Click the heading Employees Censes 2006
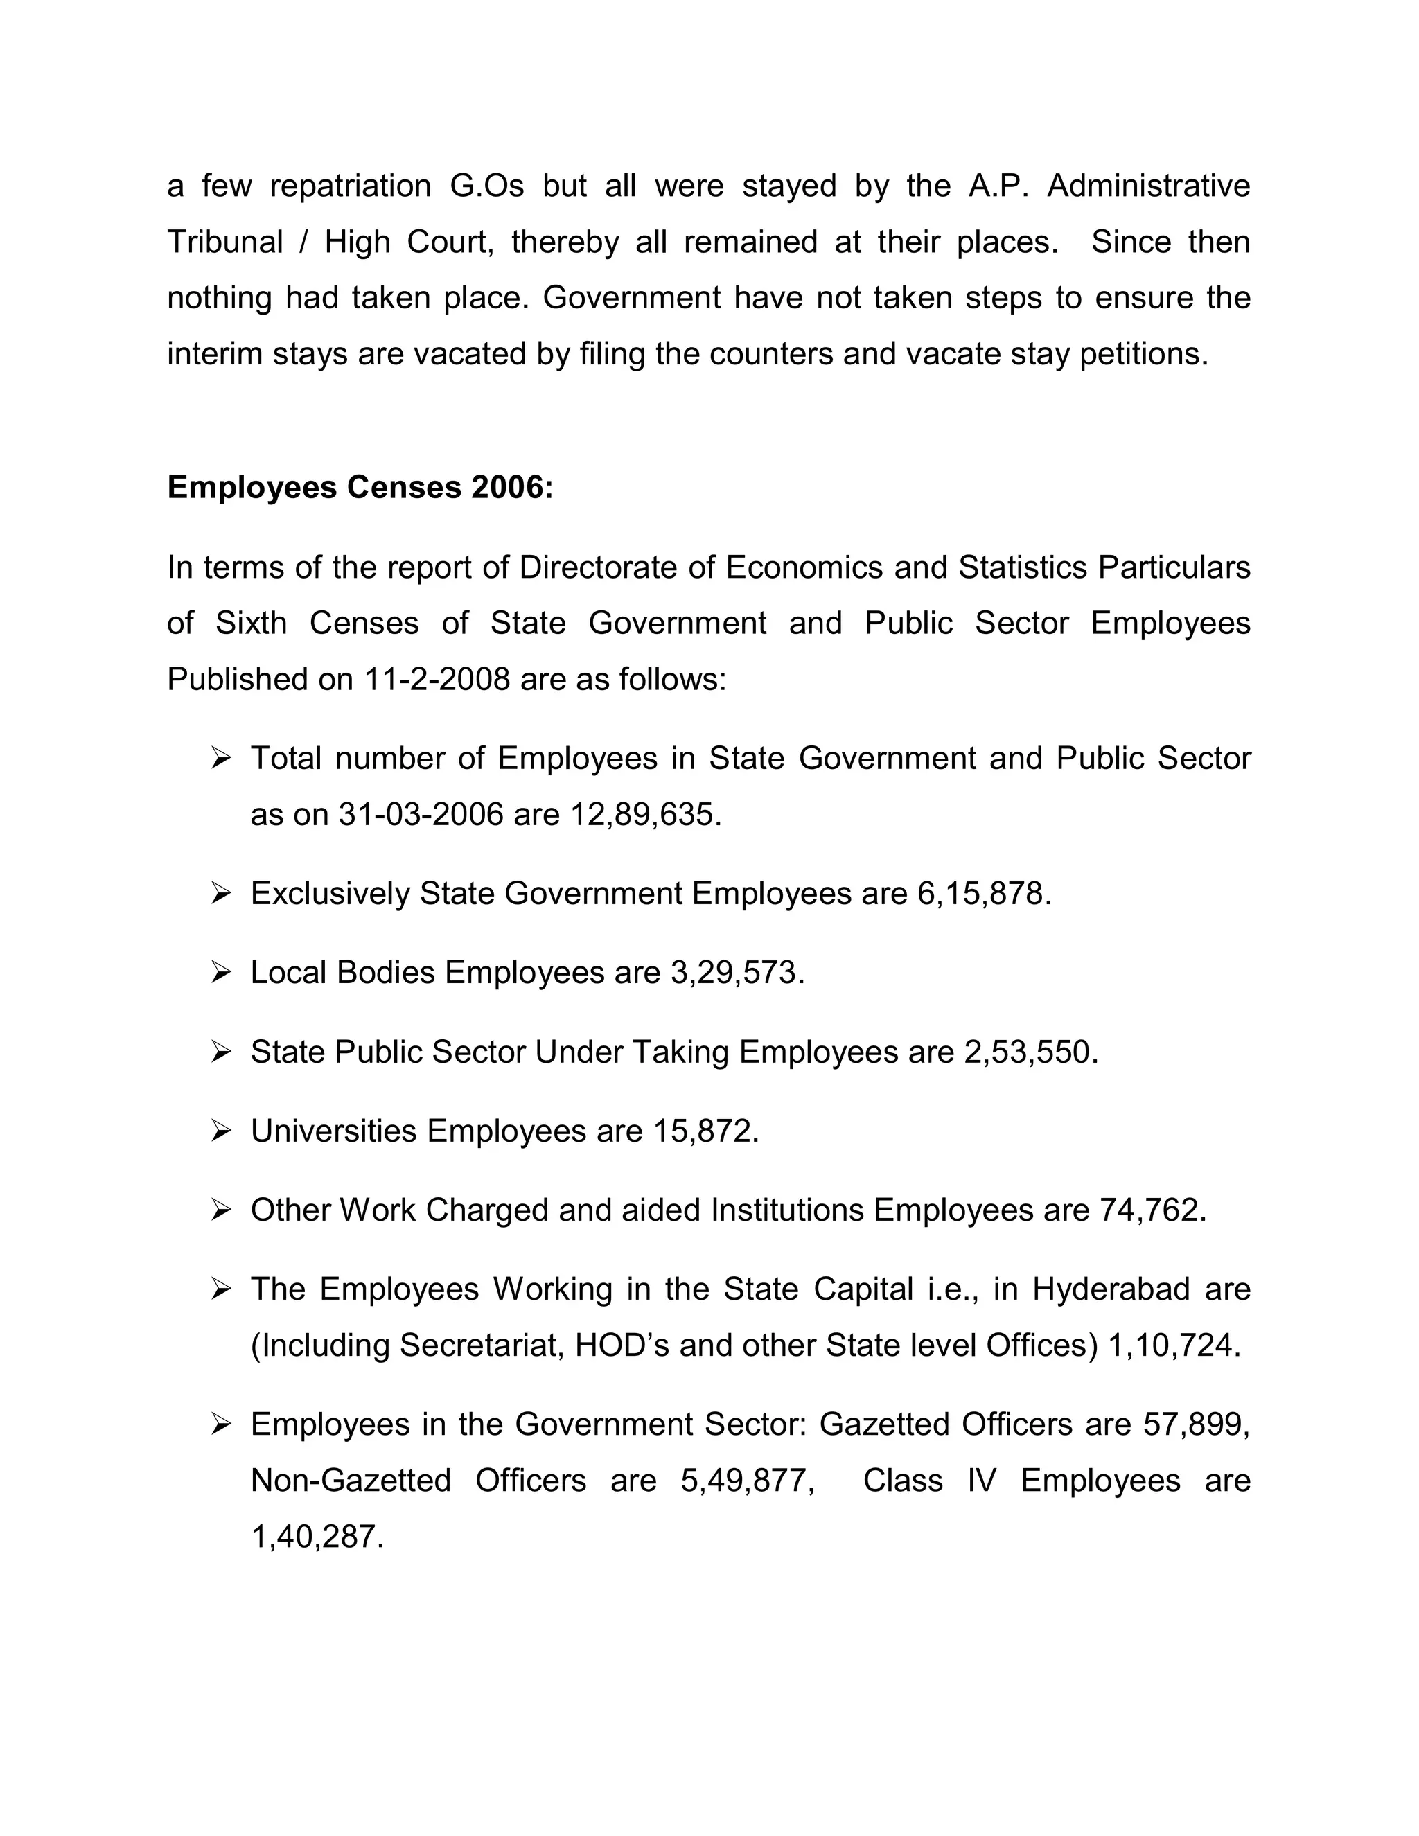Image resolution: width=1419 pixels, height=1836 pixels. pyautogui.click(x=360, y=488)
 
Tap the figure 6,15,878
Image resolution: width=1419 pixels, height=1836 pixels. pyautogui.click(x=982, y=894)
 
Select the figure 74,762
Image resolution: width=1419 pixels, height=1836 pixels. pyautogui.click(x=1150, y=1210)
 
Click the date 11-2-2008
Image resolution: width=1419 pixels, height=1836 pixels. pyautogui.click(x=437, y=679)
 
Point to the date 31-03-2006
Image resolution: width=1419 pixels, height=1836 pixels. pyautogui.click(x=421, y=815)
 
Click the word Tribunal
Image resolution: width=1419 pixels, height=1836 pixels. pyautogui.click(x=225, y=242)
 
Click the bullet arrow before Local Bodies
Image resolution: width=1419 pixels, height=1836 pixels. pyautogui.click(x=221, y=973)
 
